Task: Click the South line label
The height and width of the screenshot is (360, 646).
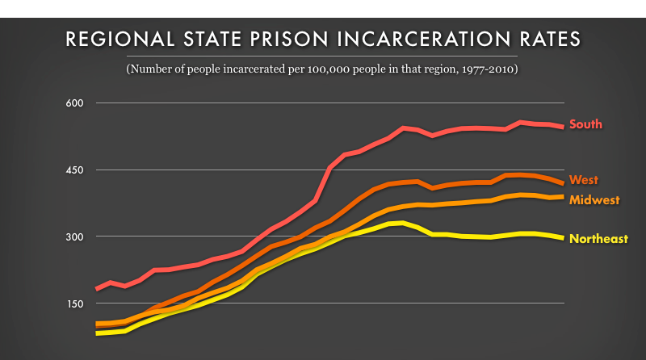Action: pos(585,124)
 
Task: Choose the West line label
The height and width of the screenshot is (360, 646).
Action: pos(583,180)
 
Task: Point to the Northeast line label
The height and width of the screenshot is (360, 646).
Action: pos(598,239)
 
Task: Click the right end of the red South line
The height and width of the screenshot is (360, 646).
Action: pos(562,127)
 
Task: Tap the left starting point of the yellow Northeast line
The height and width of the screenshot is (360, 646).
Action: pos(97,333)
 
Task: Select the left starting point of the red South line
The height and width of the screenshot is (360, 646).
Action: pos(97,288)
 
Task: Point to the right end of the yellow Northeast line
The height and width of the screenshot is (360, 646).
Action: pos(562,238)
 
